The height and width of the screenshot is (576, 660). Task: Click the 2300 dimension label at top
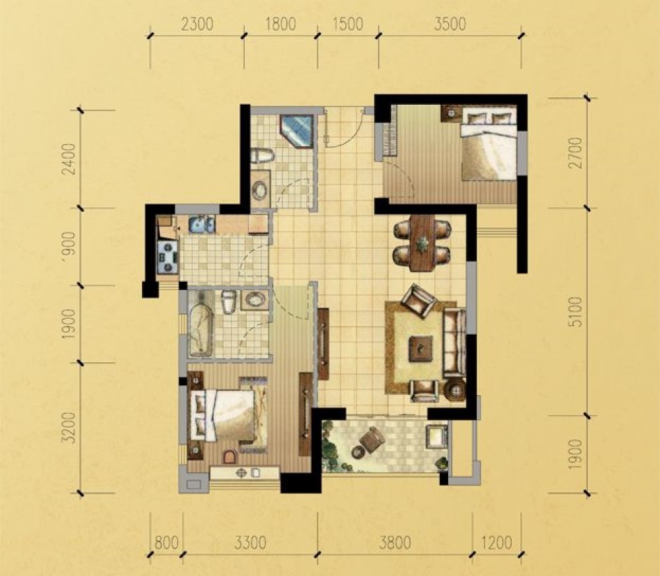(x=197, y=24)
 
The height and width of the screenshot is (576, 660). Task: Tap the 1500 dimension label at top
(x=347, y=24)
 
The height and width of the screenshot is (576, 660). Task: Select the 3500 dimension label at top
(x=450, y=24)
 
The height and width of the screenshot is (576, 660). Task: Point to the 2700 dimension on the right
(x=575, y=152)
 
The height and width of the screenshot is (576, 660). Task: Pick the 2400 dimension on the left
(x=69, y=159)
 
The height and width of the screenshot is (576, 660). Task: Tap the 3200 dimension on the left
(x=69, y=428)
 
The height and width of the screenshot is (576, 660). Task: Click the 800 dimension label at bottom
(x=166, y=542)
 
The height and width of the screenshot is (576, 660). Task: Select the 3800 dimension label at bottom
(x=395, y=542)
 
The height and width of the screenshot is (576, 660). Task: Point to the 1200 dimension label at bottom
(x=496, y=542)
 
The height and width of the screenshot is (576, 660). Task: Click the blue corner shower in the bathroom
(x=296, y=131)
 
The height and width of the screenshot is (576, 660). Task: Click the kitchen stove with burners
(x=168, y=257)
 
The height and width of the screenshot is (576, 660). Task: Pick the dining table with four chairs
(x=422, y=243)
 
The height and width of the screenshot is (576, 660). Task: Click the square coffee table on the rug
(x=422, y=348)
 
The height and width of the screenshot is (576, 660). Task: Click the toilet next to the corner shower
(x=261, y=156)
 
